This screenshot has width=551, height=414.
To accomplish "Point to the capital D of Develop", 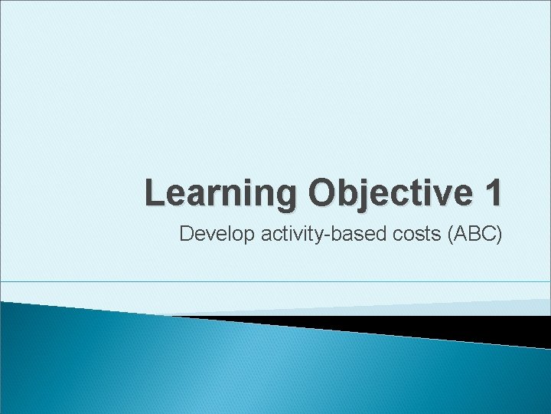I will pyautogui.click(x=185, y=234).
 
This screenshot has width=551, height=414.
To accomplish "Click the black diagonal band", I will pyautogui.click(x=429, y=328).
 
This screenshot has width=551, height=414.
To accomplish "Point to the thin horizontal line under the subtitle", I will pyautogui.click(x=275, y=281).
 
